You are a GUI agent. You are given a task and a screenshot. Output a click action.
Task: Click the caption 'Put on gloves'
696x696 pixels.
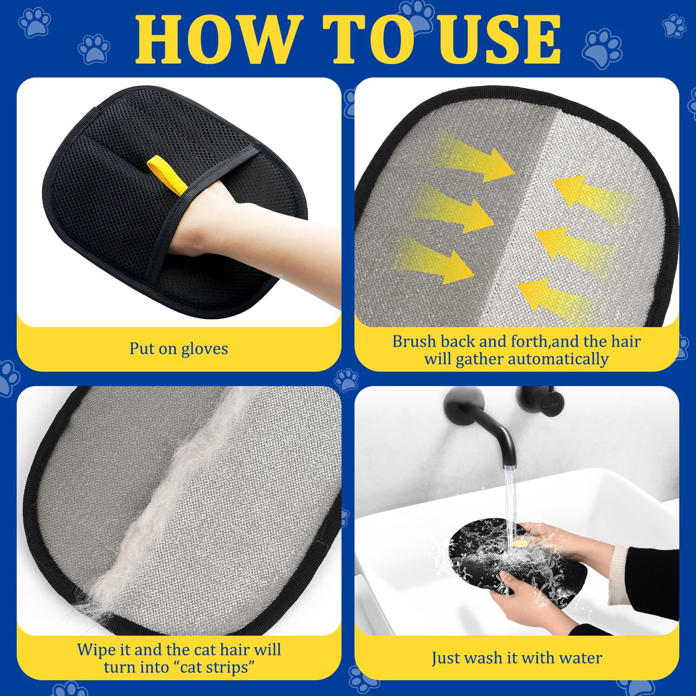click(x=179, y=348)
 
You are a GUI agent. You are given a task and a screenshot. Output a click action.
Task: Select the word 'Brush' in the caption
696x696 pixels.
click(x=414, y=342)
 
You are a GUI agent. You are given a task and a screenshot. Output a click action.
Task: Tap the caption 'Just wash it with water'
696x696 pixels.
click(x=516, y=658)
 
